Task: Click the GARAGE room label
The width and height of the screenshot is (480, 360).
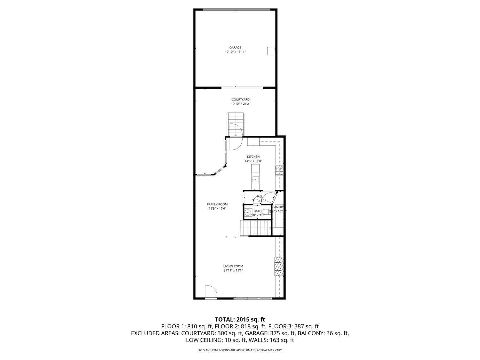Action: [235, 48]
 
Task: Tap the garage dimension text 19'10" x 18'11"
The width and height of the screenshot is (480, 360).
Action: [235, 52]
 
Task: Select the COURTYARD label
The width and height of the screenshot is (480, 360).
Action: [240, 100]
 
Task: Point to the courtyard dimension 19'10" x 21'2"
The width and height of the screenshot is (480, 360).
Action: [240, 104]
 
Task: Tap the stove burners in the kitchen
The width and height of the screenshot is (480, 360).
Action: [279, 170]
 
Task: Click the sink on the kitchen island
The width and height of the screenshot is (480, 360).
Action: [255, 180]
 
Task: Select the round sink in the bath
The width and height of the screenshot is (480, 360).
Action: [248, 212]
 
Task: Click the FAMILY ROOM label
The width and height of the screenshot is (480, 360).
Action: [217, 204]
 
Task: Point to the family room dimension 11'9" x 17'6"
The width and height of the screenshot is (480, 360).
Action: [217, 209]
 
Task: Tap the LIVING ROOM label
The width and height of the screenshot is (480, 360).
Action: [233, 266]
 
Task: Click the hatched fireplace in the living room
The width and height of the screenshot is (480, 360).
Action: [278, 266]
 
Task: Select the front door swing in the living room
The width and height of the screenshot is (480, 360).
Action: [211, 292]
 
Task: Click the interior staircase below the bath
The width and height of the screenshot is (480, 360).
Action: [255, 228]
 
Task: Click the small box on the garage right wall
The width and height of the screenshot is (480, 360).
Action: [271, 51]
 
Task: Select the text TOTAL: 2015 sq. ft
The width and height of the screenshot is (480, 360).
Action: [240, 319]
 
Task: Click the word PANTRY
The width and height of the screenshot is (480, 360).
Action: [277, 207]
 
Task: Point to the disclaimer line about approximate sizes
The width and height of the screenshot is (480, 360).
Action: [240, 350]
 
